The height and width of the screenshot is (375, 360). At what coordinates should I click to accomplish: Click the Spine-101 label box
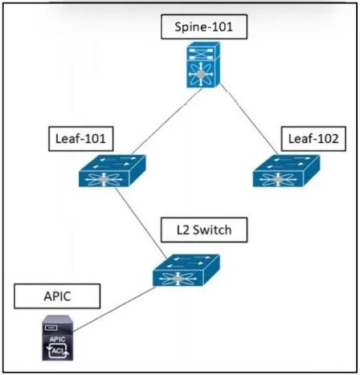pyautogui.click(x=204, y=26)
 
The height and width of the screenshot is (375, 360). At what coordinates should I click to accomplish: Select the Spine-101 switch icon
pyautogui.click(x=203, y=64)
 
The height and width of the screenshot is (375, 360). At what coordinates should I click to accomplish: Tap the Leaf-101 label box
pyautogui.click(x=81, y=139)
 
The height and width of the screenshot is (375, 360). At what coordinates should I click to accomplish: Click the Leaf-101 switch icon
pyautogui.click(x=112, y=171)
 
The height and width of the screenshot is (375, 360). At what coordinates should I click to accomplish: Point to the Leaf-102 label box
pyautogui.click(x=313, y=139)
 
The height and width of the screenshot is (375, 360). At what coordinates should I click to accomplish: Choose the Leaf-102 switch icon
pyautogui.click(x=286, y=171)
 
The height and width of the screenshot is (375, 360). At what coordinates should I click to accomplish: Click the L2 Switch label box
pyautogui.click(x=204, y=230)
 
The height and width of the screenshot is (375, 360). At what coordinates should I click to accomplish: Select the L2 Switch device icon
pyautogui.click(x=186, y=271)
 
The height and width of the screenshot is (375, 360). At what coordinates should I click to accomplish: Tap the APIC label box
pyautogui.click(x=57, y=296)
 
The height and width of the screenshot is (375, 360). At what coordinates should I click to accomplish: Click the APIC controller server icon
pyautogui.click(x=58, y=338)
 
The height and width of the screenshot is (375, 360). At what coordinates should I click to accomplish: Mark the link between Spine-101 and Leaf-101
pyautogui.click(x=167, y=121)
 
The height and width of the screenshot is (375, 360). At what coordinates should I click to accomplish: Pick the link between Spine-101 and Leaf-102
pyautogui.click(x=248, y=119)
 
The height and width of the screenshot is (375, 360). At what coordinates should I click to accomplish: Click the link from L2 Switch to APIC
pyautogui.click(x=114, y=309)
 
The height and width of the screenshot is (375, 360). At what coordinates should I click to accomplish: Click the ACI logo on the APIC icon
pyautogui.click(x=58, y=351)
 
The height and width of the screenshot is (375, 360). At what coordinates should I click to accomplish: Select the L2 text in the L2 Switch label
pyautogui.click(x=182, y=230)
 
